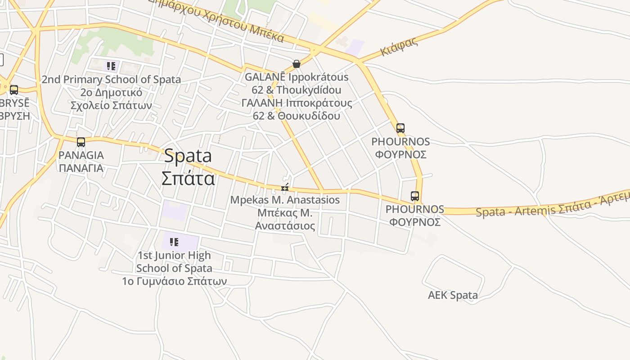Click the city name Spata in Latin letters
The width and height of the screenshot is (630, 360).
point(188,156)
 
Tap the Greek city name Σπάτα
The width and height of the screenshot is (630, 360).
point(188,179)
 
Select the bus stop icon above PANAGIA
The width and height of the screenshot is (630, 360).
point(81,142)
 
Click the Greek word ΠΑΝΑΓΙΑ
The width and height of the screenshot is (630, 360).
point(81,168)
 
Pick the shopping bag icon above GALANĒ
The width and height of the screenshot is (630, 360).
point(296,64)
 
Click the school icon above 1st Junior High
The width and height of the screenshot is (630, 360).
point(174,242)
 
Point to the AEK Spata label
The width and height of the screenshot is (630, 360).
point(453,295)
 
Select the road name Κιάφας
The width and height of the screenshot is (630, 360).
point(399,46)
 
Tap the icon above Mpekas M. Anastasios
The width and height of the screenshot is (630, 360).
point(284,187)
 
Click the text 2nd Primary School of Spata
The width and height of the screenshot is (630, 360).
point(111,80)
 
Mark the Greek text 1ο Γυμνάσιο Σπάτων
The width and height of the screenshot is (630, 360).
point(174,281)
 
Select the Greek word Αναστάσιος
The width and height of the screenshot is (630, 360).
point(285,225)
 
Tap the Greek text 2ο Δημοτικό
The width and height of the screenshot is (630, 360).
point(111,93)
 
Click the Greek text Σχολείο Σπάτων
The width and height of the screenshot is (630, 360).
point(111,106)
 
